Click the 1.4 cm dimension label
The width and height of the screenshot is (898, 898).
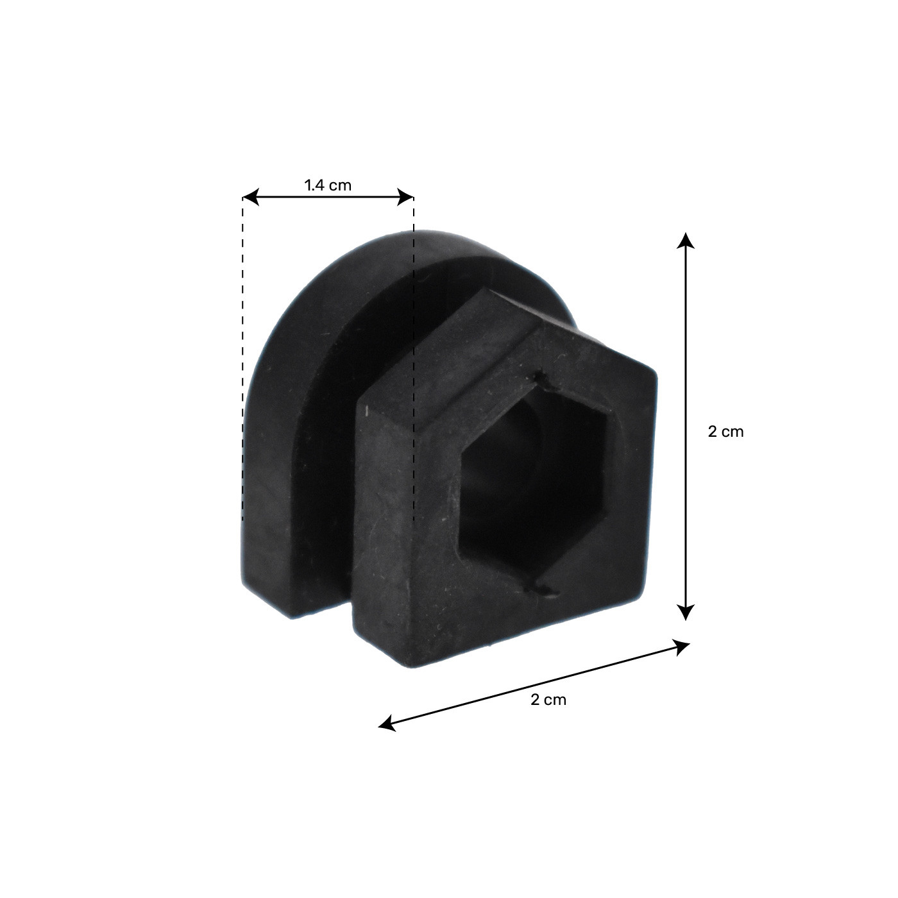pyautogui.click(x=328, y=185)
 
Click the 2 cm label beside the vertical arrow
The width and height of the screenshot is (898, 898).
pyautogui.click(x=725, y=432)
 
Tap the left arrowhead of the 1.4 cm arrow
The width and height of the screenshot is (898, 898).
pyautogui.click(x=251, y=197)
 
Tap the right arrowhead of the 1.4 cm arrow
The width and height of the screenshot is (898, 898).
pyautogui.click(x=405, y=197)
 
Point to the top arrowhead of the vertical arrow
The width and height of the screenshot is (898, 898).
pyautogui.click(x=685, y=241)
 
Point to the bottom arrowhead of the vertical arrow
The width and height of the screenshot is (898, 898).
pyautogui.click(x=685, y=612)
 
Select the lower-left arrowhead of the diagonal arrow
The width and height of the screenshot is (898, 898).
pyautogui.click(x=387, y=723)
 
